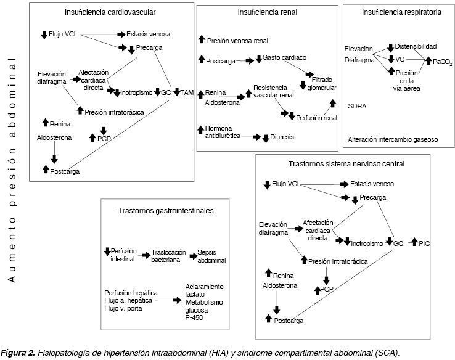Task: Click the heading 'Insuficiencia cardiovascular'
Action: tap(110, 12)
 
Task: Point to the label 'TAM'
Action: tap(187, 92)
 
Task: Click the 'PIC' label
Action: tap(424, 243)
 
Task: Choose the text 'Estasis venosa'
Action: tap(148, 34)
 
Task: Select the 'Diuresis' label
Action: tap(281, 137)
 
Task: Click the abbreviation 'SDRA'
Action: tap(357, 106)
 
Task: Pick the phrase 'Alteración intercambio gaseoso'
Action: tap(393, 139)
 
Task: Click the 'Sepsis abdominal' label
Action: tap(211, 256)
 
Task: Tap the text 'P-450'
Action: tap(194, 317)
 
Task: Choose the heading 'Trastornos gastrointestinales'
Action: tap(165, 211)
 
